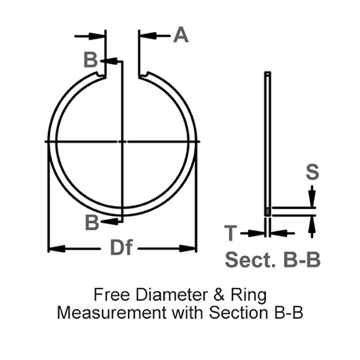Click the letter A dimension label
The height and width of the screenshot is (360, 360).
coord(181,35)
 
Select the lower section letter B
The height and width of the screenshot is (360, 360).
coord(91,222)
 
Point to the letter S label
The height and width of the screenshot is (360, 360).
coord(312,172)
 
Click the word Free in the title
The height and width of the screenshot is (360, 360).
coord(109,295)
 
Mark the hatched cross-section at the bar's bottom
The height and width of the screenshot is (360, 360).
coord(268,212)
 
